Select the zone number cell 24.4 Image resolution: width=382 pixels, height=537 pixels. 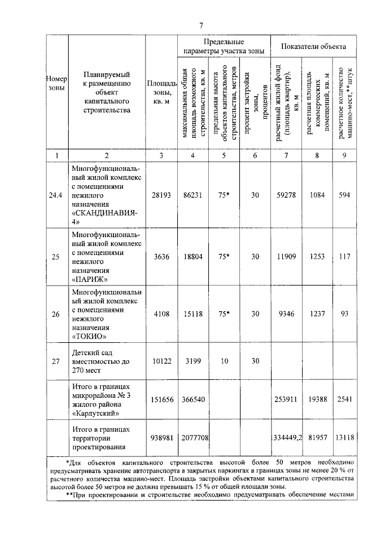(x=56, y=195)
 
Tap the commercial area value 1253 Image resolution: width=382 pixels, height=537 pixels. (x=317, y=257)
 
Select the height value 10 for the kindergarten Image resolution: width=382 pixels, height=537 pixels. (x=224, y=361)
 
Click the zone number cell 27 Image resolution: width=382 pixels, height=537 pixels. (x=56, y=361)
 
